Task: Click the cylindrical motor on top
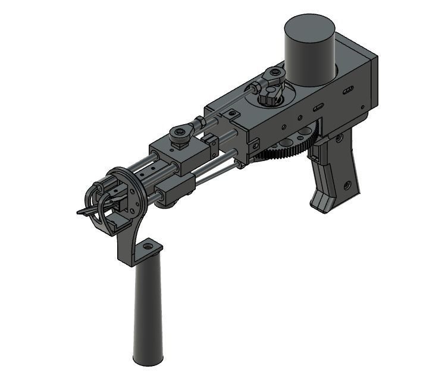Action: pyautogui.click(x=309, y=51)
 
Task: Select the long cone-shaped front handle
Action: pyautogui.click(x=147, y=309)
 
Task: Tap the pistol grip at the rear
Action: pyautogui.click(x=336, y=172)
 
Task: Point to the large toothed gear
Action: pyautogui.click(x=286, y=152)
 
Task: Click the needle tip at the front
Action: pyautogui.click(x=80, y=212)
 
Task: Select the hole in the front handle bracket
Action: pyautogui.click(x=148, y=245)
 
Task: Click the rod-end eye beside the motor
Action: pyautogui.click(x=275, y=74)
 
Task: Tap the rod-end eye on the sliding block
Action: pyautogui.click(x=180, y=131)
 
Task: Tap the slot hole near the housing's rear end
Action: pyautogui.click(x=349, y=90)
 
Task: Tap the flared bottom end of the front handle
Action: pyautogui.click(x=147, y=359)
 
